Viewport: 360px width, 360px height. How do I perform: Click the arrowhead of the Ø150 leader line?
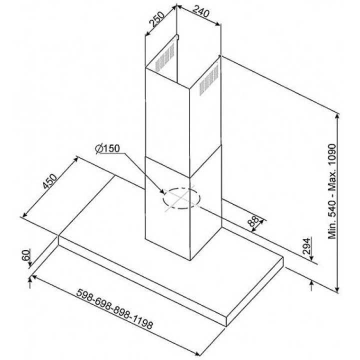[162, 191]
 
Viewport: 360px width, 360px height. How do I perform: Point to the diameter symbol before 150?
[98, 148]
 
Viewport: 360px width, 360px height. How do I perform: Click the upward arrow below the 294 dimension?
[311, 286]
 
